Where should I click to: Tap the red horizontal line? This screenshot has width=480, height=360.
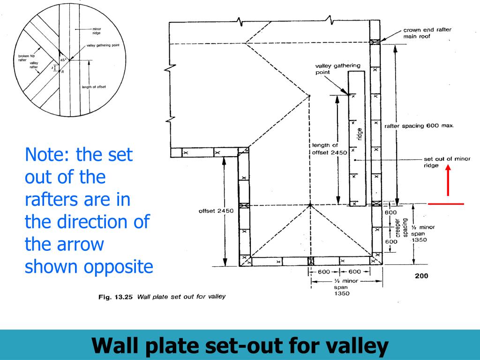(x=446, y=204)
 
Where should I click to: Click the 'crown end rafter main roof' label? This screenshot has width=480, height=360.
(x=427, y=33)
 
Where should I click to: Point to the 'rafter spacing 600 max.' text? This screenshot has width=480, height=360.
(x=419, y=126)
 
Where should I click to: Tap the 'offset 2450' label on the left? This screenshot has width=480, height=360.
(x=216, y=211)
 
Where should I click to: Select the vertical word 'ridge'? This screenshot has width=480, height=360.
(x=360, y=135)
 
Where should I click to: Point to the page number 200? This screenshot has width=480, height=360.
(x=421, y=276)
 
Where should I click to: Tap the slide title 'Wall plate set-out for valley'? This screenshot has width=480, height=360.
(x=240, y=346)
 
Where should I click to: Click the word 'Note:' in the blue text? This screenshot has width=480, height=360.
(x=46, y=155)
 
